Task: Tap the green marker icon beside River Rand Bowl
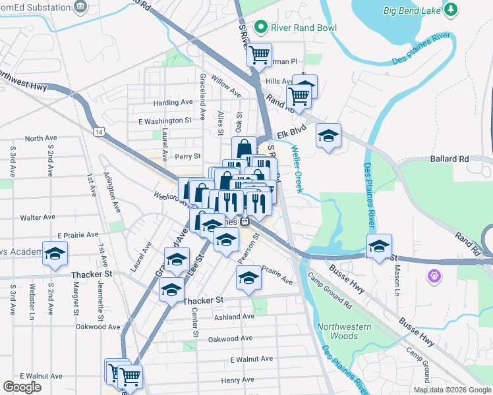click(x=262, y=28)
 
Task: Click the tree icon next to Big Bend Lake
click(x=451, y=9)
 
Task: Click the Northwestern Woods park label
click(x=343, y=331)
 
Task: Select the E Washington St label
click(x=165, y=121)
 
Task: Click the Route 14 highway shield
click(x=98, y=132)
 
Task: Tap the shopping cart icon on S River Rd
click(x=259, y=54)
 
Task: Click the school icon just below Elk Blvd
click(x=328, y=136)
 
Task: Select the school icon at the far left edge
click(x=55, y=253)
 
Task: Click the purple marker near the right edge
click(x=434, y=275)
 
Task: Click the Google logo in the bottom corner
click(x=22, y=387)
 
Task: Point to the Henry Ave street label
click(x=237, y=380)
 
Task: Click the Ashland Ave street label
click(x=234, y=317)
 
